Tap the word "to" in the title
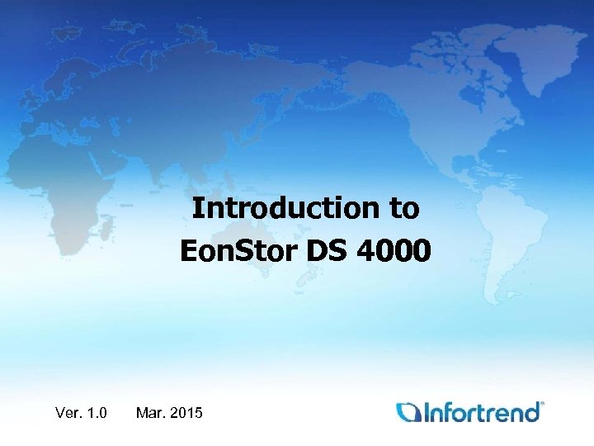[405, 209]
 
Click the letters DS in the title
[328, 249]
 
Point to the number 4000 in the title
[394, 249]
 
